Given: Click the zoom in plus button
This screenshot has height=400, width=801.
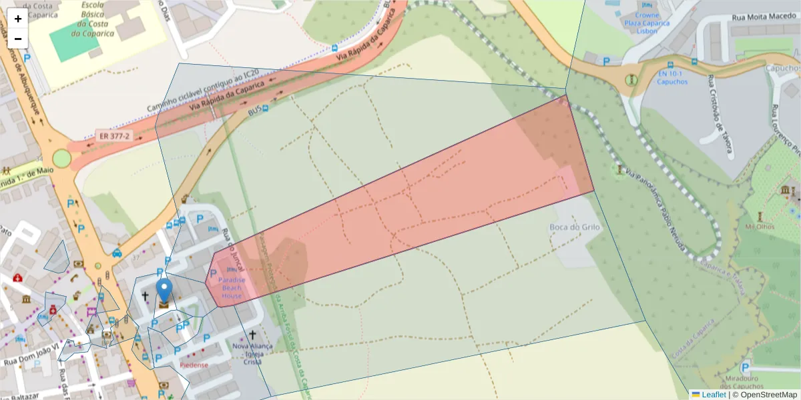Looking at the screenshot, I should tap(18, 19).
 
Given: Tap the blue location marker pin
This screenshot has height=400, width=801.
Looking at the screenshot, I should tap(164, 292).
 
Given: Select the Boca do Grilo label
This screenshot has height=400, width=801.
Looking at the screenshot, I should tap(575, 227).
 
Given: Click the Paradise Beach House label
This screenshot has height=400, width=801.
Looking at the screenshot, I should tap(232, 287).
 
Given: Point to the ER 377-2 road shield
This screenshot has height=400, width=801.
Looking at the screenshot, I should tap(114, 136).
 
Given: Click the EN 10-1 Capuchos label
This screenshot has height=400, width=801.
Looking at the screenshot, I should tap(672, 77).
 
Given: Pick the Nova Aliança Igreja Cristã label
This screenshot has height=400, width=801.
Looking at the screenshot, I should tap(252, 354).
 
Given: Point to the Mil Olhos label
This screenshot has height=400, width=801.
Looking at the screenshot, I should tap(759, 227).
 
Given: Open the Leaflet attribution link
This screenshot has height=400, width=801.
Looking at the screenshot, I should tap(713, 395).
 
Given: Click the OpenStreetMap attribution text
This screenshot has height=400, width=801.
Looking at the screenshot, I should tap(768, 395).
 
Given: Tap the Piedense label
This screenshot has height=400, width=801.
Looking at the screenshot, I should tap(194, 365).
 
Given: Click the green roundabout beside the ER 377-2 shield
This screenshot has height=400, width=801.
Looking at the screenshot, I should tap(62, 158).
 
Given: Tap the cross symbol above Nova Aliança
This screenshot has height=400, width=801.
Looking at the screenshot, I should tap(252, 335).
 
